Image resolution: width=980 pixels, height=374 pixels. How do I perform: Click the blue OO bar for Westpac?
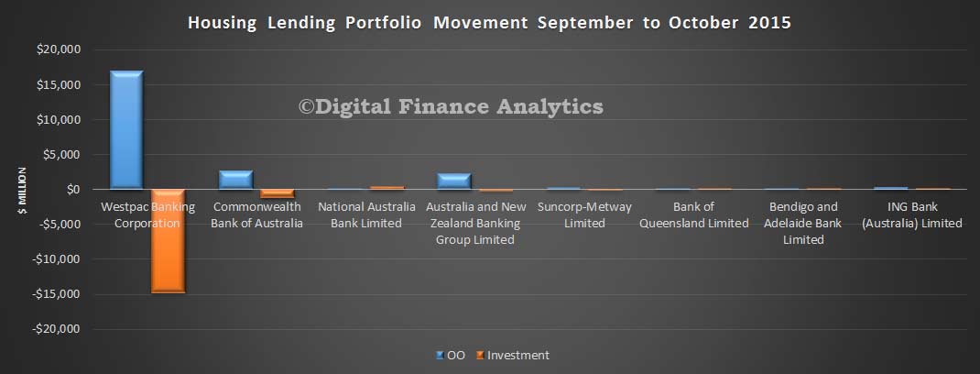pyautogui.click(x=126, y=129)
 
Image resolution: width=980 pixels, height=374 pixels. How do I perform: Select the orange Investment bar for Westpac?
pyautogui.click(x=169, y=241)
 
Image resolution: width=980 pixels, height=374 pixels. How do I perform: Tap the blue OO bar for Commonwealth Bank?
pyautogui.click(x=235, y=180)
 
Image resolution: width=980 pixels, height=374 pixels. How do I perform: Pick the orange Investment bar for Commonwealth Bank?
pyautogui.click(x=278, y=193)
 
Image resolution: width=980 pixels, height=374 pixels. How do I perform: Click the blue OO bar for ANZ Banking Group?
pyautogui.click(x=453, y=181)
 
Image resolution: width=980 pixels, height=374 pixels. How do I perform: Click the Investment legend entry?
pyautogui.click(x=513, y=356)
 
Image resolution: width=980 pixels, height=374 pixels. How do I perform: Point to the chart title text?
pyautogui.click(x=489, y=23)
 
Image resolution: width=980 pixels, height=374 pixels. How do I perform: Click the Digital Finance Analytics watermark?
pyautogui.click(x=451, y=106)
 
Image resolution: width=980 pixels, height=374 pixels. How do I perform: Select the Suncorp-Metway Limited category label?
pyautogui.click(x=584, y=214)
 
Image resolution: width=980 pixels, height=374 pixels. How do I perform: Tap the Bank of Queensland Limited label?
pyautogui.click(x=693, y=214)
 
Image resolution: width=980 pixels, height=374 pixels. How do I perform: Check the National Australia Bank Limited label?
pyautogui.click(x=366, y=214)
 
